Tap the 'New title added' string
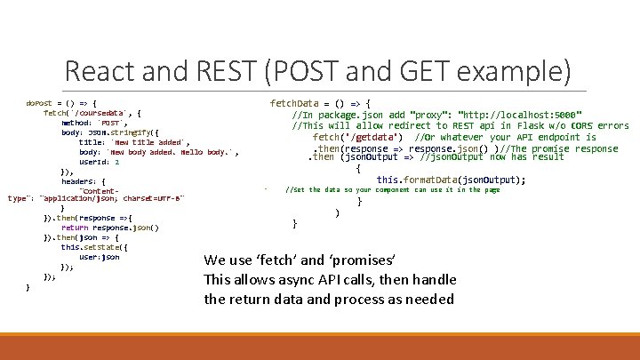(x=149, y=142)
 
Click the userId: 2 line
(x=99, y=162)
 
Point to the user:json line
(x=99, y=257)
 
